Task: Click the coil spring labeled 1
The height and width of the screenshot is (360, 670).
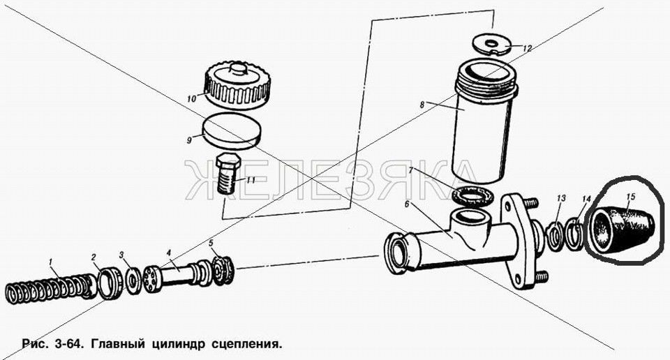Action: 51,289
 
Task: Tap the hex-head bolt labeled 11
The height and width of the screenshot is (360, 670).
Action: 227,174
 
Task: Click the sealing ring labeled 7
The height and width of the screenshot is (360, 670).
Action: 473,197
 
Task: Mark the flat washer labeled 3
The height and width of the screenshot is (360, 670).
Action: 133,281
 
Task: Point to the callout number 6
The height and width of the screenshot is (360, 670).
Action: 407,204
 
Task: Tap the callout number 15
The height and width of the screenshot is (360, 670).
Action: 631,197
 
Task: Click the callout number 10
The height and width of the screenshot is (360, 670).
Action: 191,98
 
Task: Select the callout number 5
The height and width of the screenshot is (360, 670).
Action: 211,243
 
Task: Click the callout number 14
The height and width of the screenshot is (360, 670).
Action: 586,199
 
